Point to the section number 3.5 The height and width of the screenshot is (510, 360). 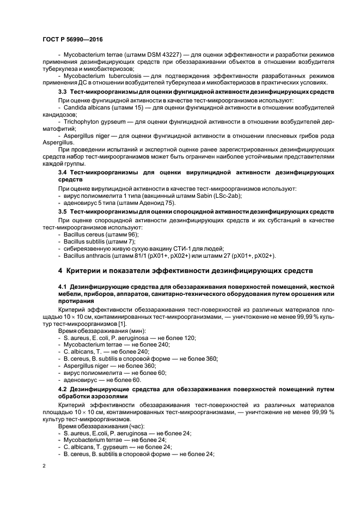(x=63, y=211)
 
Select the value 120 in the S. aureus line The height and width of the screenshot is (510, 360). (x=191, y=338)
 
